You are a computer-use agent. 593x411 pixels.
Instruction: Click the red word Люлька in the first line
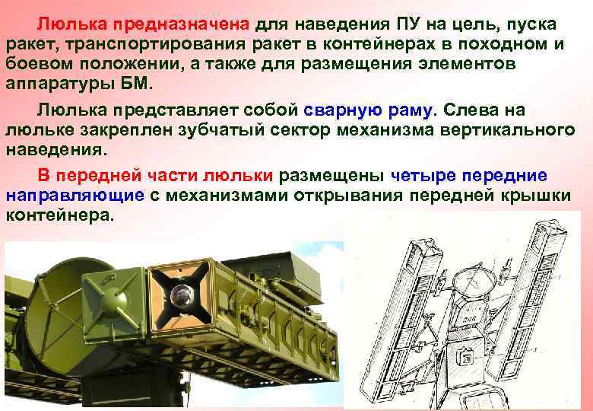point(72,24)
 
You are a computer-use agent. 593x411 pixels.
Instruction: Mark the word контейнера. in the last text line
point(60,216)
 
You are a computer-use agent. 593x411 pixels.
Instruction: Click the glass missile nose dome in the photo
point(181,296)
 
